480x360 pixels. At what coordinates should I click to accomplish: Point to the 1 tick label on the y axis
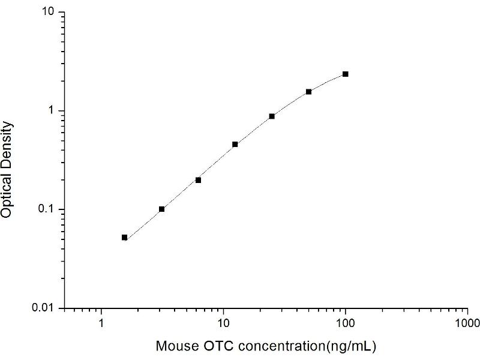[x=53, y=111]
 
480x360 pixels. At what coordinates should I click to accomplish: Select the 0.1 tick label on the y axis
[x=47, y=209]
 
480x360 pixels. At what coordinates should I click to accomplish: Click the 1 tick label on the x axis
[x=101, y=323]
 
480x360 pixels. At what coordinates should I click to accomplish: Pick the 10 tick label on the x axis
[x=223, y=323]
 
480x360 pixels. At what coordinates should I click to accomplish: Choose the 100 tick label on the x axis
[x=345, y=323]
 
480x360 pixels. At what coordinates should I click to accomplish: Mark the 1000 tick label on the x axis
[x=467, y=323]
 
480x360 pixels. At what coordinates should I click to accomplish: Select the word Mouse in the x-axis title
[x=174, y=346]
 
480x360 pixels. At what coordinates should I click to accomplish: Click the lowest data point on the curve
[x=125, y=238]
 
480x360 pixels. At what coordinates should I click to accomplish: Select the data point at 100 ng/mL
[x=345, y=74]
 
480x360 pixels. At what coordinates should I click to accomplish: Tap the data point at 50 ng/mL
[x=308, y=92]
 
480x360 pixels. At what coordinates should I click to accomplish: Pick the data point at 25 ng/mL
[x=272, y=116]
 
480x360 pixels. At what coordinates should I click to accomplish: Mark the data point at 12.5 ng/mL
[x=235, y=145]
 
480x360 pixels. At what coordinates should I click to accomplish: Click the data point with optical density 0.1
[x=161, y=209]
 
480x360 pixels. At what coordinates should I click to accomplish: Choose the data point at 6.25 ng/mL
[x=198, y=180]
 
